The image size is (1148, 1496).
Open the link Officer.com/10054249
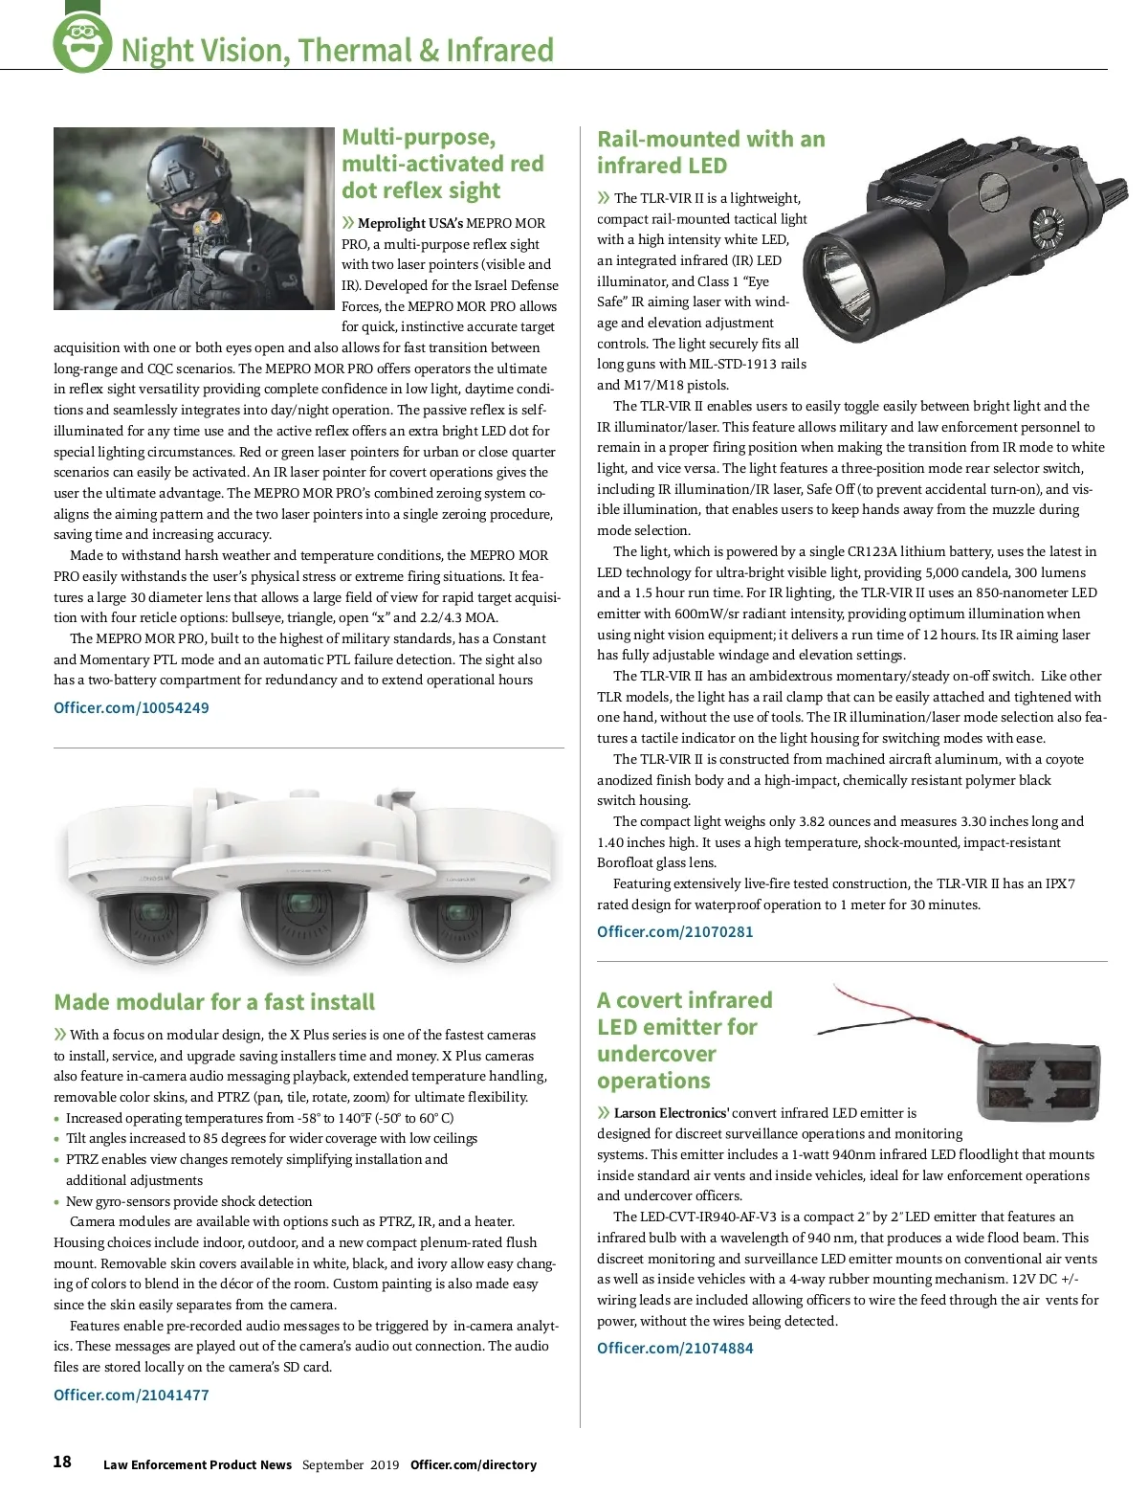[x=131, y=708]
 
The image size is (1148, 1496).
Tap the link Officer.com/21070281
[x=674, y=931]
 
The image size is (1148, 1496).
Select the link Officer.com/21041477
[x=131, y=1395]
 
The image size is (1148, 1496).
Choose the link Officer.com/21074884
[x=674, y=1348]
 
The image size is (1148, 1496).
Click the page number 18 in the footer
[x=62, y=1462]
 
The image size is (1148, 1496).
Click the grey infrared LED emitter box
[x=1038, y=1080]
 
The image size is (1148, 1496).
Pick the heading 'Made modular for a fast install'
[x=214, y=1002]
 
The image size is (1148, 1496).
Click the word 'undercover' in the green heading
[x=656, y=1054]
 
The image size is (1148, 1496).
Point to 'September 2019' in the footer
[x=350, y=1464]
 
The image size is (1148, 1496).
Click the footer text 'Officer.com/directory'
[x=474, y=1464]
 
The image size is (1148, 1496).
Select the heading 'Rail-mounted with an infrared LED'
[x=710, y=152]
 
